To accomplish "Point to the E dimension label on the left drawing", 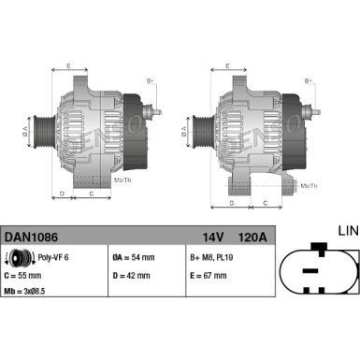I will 68,65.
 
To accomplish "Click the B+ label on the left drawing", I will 150,81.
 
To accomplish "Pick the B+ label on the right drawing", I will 310,81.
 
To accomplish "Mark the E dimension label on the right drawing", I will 229,65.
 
